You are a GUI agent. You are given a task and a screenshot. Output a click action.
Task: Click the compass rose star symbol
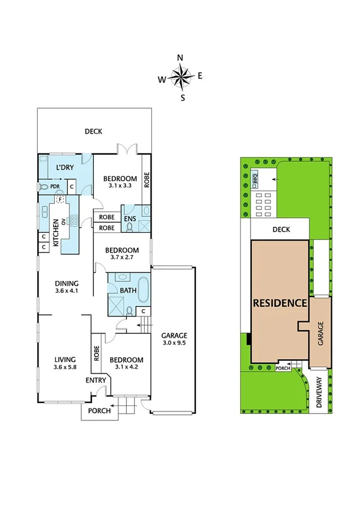180,77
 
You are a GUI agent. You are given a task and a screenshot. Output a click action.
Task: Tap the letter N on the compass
180,58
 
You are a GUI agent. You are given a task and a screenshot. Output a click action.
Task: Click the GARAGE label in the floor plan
174,336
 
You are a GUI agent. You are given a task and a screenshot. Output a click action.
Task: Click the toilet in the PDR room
43,187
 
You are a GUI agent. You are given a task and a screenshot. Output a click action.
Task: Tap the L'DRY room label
65,167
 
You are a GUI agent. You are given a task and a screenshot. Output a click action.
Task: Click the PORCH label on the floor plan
99,411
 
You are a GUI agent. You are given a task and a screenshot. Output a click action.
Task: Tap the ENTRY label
96,380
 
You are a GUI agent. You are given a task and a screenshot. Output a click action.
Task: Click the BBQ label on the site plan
255,178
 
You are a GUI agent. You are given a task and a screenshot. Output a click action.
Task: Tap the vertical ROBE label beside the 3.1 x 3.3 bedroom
145,179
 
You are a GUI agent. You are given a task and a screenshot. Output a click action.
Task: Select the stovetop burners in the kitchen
74,220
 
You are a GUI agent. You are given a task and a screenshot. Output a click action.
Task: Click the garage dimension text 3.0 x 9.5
174,344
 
